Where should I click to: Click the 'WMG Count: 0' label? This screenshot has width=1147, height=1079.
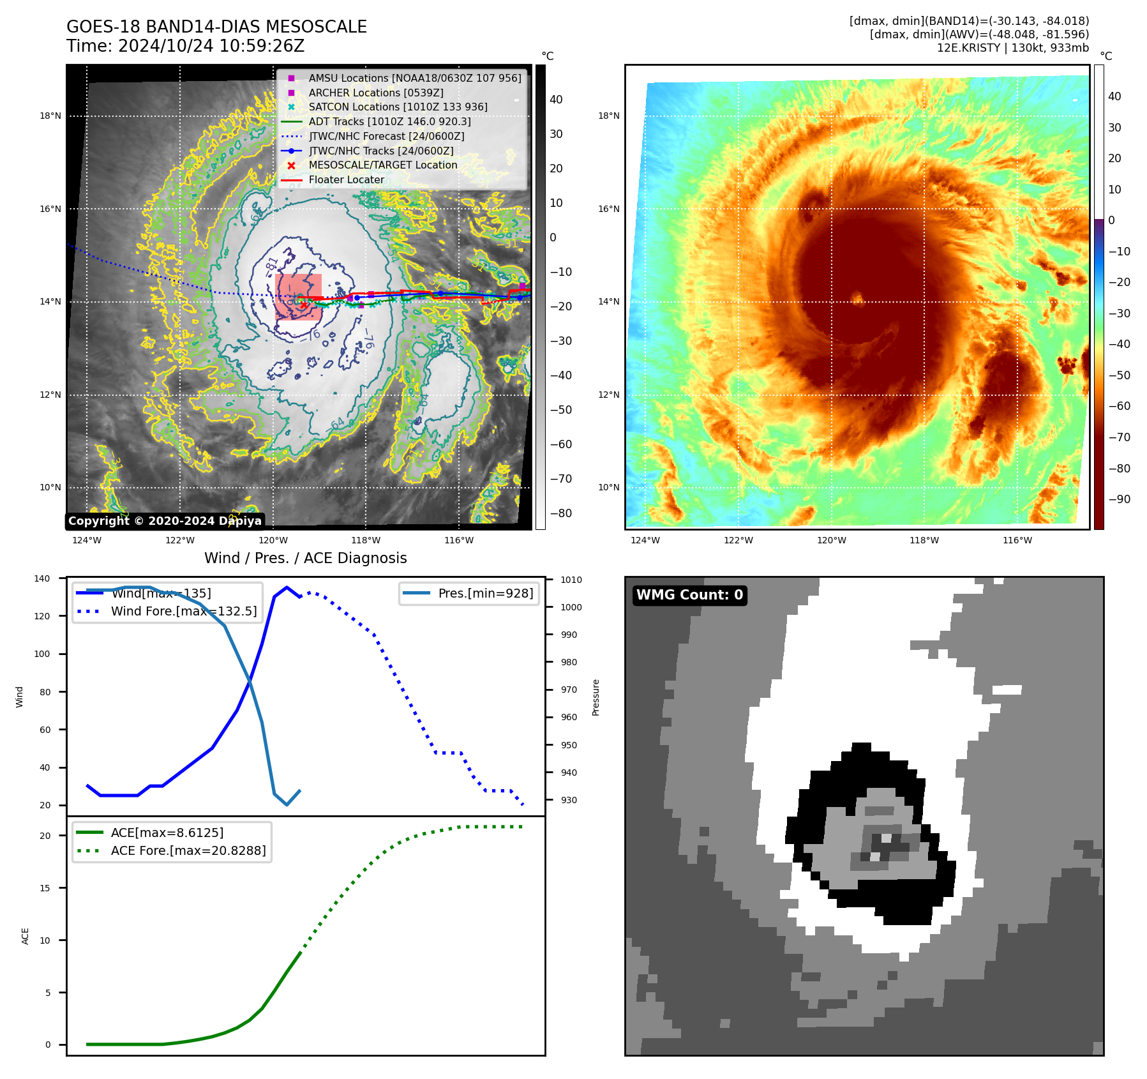[x=689, y=595]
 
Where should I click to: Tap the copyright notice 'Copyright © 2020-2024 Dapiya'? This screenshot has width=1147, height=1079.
[x=165, y=521]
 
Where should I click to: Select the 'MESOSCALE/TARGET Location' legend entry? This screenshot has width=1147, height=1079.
[x=382, y=165]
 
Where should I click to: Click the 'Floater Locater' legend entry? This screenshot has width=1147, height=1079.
[x=346, y=179]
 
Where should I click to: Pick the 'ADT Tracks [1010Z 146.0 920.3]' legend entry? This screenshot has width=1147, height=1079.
[x=389, y=121]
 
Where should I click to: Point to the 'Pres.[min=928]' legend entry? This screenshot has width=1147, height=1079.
[x=485, y=593]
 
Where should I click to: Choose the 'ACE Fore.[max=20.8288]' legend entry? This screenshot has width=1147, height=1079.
[x=188, y=850]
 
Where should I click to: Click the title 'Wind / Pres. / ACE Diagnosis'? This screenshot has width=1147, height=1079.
[x=305, y=558]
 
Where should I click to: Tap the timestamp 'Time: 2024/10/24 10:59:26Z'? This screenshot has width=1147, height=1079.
[x=185, y=46]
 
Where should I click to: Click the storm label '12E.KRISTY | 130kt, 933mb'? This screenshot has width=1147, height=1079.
[x=1012, y=48]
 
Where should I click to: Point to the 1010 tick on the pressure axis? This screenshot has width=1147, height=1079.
[x=571, y=580]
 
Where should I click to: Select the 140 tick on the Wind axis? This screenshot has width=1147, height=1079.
[x=42, y=578]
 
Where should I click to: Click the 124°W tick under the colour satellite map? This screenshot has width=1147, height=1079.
[x=645, y=540]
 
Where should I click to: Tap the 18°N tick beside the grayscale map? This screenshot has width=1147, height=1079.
[x=50, y=116]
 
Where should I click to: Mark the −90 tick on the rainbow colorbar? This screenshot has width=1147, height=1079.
[x=1119, y=499]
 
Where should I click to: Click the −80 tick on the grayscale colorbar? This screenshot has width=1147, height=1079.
[x=561, y=513]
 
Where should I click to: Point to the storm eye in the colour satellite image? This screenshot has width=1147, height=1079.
[x=857, y=298]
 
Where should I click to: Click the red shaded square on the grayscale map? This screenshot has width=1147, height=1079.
[x=298, y=297]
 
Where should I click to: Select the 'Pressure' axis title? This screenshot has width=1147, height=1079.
[x=596, y=697]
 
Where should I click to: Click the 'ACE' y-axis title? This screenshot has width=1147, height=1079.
[x=26, y=936]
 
